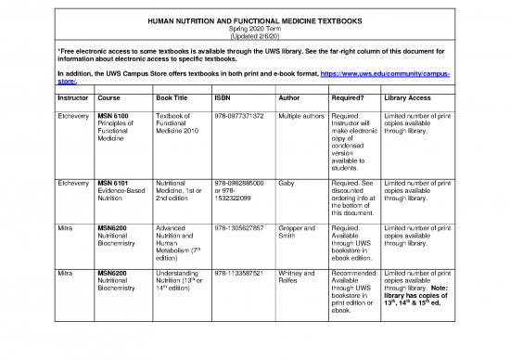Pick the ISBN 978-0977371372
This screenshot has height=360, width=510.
tap(238, 116)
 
